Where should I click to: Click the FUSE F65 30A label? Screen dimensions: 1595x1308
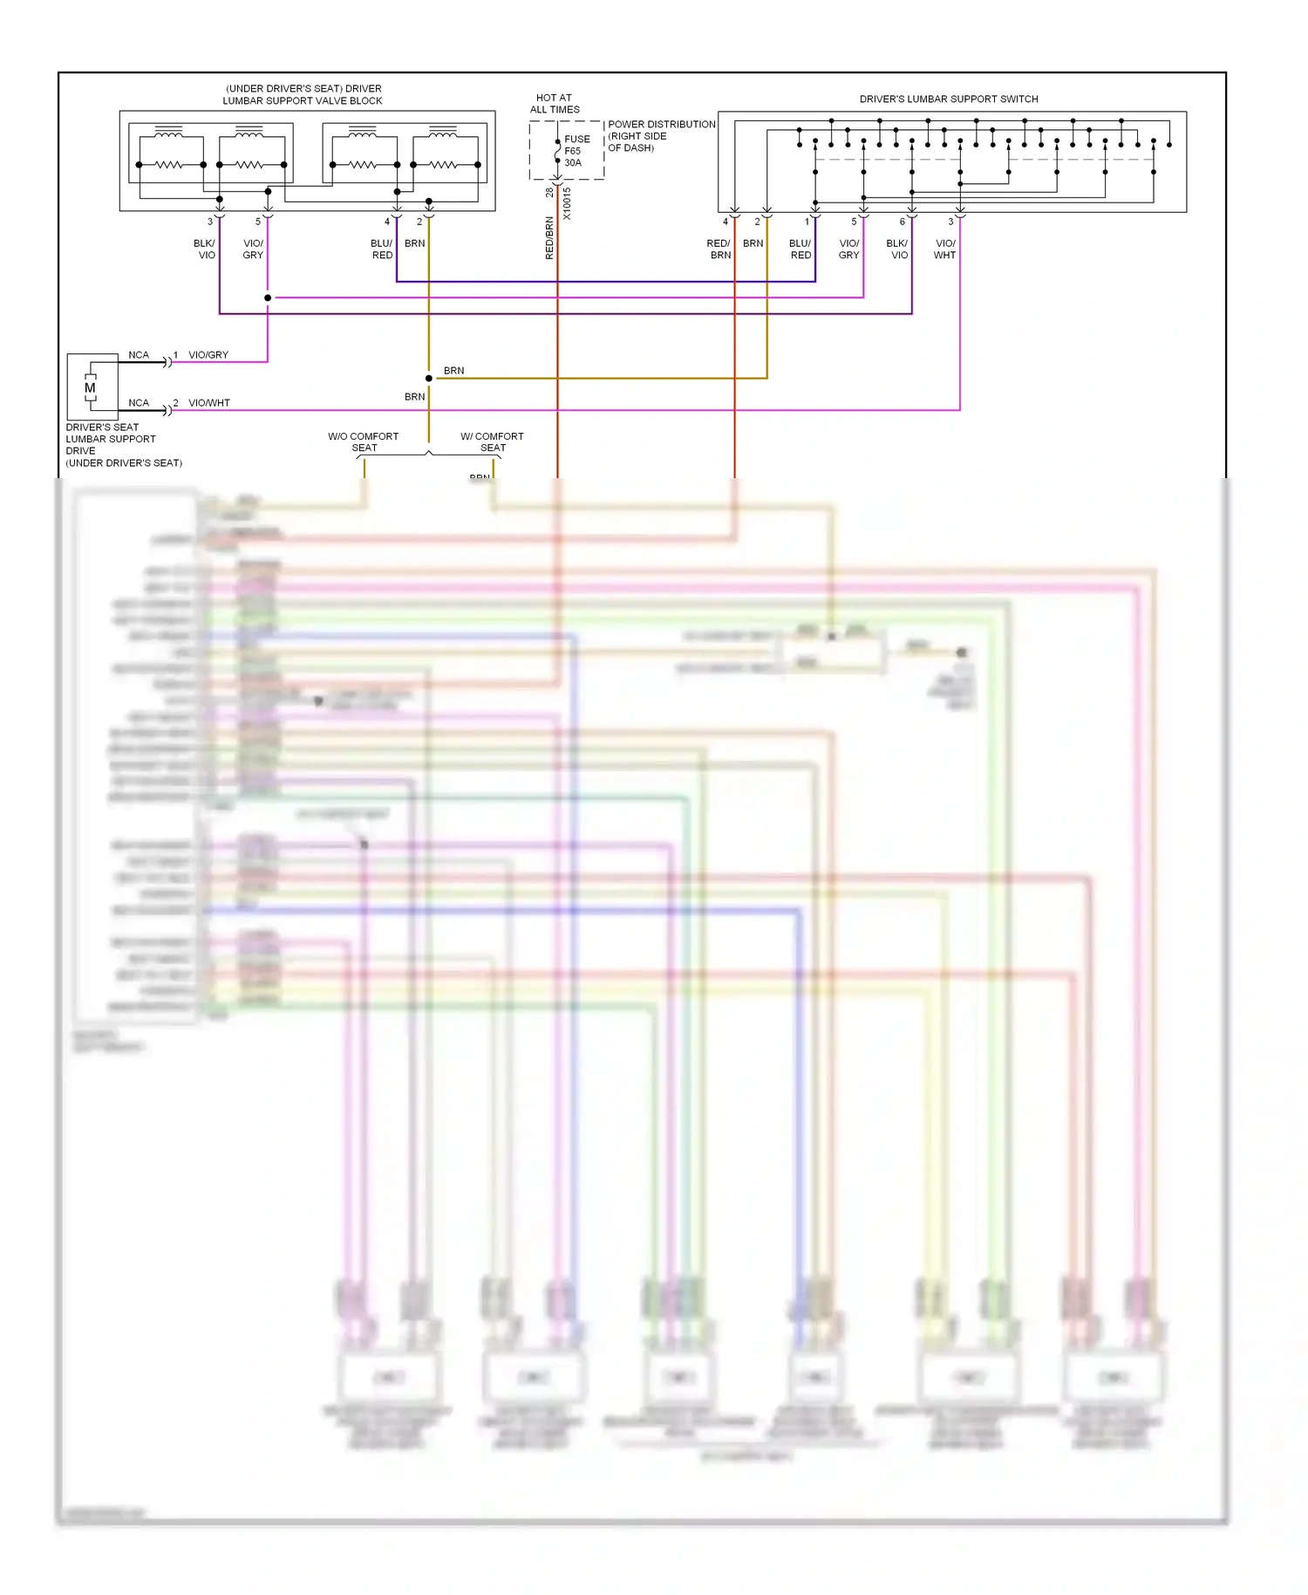point(576,151)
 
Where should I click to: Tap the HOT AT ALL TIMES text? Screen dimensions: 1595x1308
point(555,104)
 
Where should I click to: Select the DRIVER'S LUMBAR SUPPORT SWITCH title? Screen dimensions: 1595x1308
point(949,99)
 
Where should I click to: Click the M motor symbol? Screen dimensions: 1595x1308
point(90,388)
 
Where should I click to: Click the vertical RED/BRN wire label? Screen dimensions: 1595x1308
point(549,238)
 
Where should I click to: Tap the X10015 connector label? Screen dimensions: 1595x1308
point(567,203)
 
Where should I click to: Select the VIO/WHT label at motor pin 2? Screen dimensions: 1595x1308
point(209,403)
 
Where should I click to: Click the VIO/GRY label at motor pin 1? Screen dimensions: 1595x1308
point(208,355)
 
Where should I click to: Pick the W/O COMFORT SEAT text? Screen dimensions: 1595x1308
point(364,442)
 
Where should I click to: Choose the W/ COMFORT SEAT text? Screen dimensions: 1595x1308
point(492,442)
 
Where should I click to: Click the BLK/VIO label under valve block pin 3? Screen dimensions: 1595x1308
point(205,250)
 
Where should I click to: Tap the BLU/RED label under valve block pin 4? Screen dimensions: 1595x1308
point(382,250)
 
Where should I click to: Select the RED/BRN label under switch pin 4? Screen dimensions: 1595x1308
point(719,250)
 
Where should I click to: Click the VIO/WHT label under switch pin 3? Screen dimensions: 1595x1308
point(945,250)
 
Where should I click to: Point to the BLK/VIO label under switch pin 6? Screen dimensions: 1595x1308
point(897,250)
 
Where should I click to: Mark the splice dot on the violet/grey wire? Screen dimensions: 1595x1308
point(268,298)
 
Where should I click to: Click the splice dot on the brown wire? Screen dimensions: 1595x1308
point(428,378)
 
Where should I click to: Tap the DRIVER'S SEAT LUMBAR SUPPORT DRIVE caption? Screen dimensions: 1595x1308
point(123,445)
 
